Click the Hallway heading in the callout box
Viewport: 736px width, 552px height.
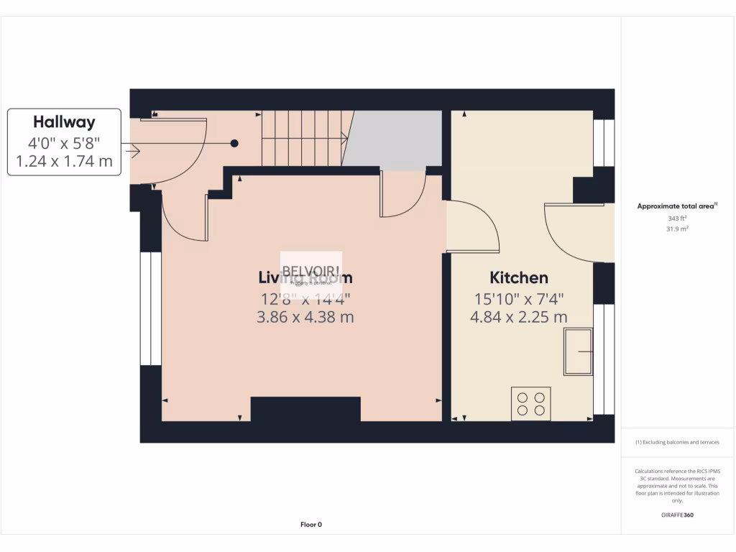pyautogui.click(x=64, y=122)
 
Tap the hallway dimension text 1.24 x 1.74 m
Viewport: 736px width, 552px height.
pyautogui.click(x=64, y=162)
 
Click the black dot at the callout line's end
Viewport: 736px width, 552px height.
pyautogui.click(x=234, y=144)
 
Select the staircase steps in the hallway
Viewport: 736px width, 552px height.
pyautogui.click(x=303, y=138)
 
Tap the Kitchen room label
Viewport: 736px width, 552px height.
pyautogui.click(x=519, y=277)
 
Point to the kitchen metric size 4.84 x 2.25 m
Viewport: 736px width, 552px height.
pyautogui.click(x=519, y=317)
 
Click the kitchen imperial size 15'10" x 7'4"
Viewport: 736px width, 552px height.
pyautogui.click(x=519, y=298)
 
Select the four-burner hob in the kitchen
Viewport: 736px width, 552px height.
pyautogui.click(x=531, y=403)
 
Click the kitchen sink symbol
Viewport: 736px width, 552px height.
pyautogui.click(x=579, y=351)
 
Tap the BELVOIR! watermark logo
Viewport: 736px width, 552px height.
pyautogui.click(x=310, y=273)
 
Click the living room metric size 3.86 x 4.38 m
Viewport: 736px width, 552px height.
pyautogui.click(x=305, y=317)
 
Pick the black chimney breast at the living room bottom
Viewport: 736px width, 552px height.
pyautogui.click(x=305, y=410)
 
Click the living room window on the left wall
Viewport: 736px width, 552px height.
pyautogui.click(x=150, y=308)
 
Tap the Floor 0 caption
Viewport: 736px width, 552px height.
pyautogui.click(x=310, y=525)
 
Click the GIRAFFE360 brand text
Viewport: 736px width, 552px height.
pyautogui.click(x=676, y=515)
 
